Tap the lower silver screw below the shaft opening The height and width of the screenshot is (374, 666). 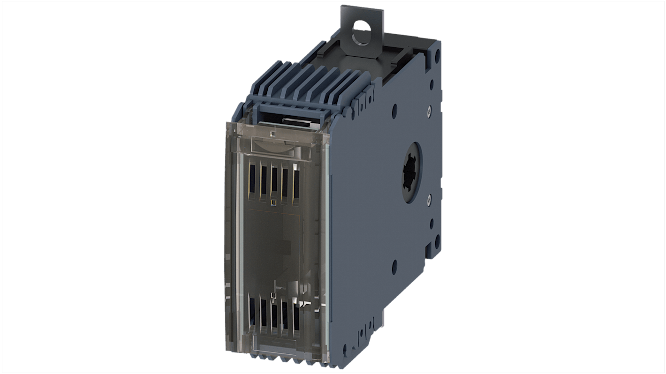(430, 201)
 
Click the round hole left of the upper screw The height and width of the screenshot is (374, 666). (394, 111)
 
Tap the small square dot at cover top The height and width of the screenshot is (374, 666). (272, 134)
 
